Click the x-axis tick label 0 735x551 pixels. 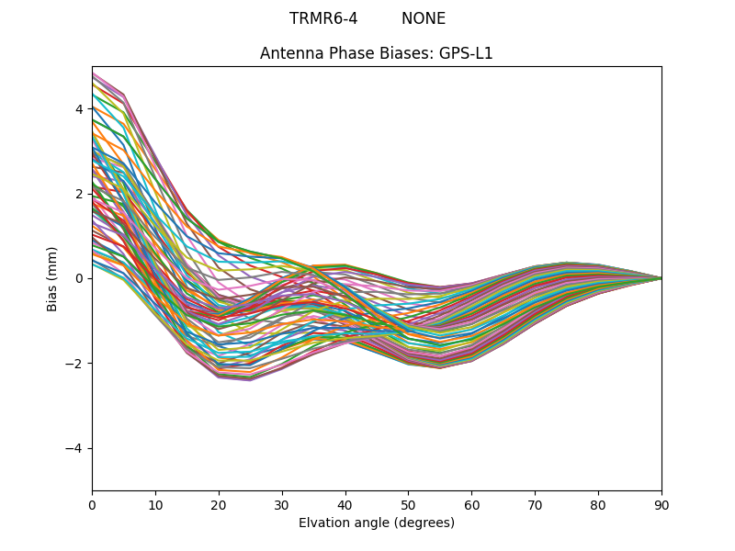click(92, 504)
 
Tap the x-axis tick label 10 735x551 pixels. click(155, 504)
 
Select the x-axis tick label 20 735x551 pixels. click(219, 504)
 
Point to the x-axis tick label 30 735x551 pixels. click(282, 504)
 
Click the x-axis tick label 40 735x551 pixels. click(345, 504)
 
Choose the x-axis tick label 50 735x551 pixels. click(408, 504)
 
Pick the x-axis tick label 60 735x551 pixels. click(471, 504)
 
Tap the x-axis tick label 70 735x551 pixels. click(535, 504)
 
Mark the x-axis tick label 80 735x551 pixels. click(598, 504)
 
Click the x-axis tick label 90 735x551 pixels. click(661, 504)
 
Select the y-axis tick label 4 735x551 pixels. click(79, 109)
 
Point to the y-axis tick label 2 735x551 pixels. click(79, 194)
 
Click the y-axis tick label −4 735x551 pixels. click(75, 448)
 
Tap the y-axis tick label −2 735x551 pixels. click(75, 364)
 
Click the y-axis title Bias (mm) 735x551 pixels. click(52, 278)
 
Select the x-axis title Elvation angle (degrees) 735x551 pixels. click(377, 523)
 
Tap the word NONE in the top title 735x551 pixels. click(424, 19)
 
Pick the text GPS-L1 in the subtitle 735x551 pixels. click(466, 53)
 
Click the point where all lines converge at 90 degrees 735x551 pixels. click(661, 278)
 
